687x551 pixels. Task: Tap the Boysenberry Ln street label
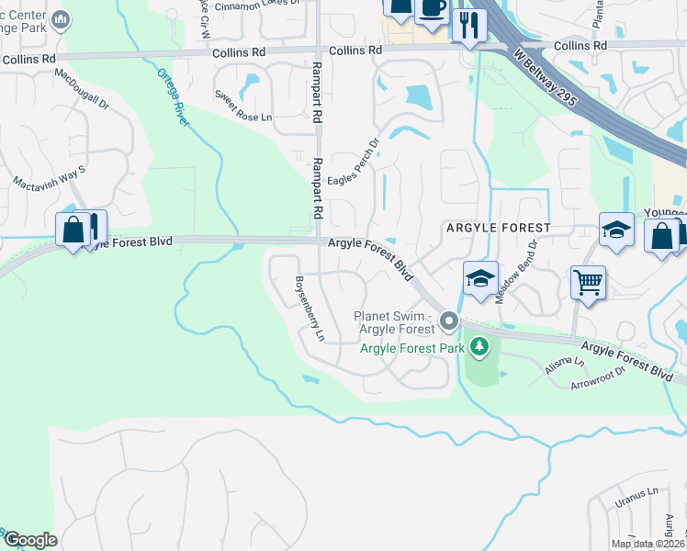pos(309,309)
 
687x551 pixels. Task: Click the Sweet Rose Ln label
pos(243,106)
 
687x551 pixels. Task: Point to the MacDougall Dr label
pos(82,90)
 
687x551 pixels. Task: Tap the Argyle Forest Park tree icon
pos(478,346)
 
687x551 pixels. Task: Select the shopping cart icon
pos(588,281)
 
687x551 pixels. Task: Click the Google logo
pos(29,541)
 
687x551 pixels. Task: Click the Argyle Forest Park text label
pos(411,347)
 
